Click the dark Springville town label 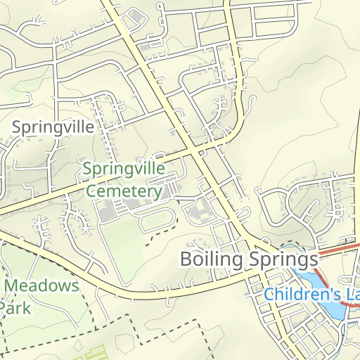point(53,127)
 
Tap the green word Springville point(124,169)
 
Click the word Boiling point(212,259)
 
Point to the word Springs point(283,259)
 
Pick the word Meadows point(42,286)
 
